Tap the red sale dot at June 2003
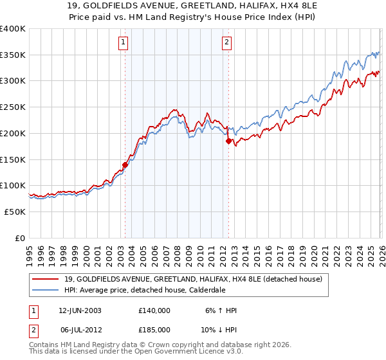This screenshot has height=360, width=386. point(125,165)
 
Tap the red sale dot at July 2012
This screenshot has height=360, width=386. point(228,141)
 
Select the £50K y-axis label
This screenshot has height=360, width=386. point(15,212)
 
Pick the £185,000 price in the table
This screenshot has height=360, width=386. point(154,329)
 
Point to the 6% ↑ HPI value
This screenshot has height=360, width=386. point(221,310)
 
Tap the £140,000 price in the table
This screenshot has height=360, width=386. point(154,310)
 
